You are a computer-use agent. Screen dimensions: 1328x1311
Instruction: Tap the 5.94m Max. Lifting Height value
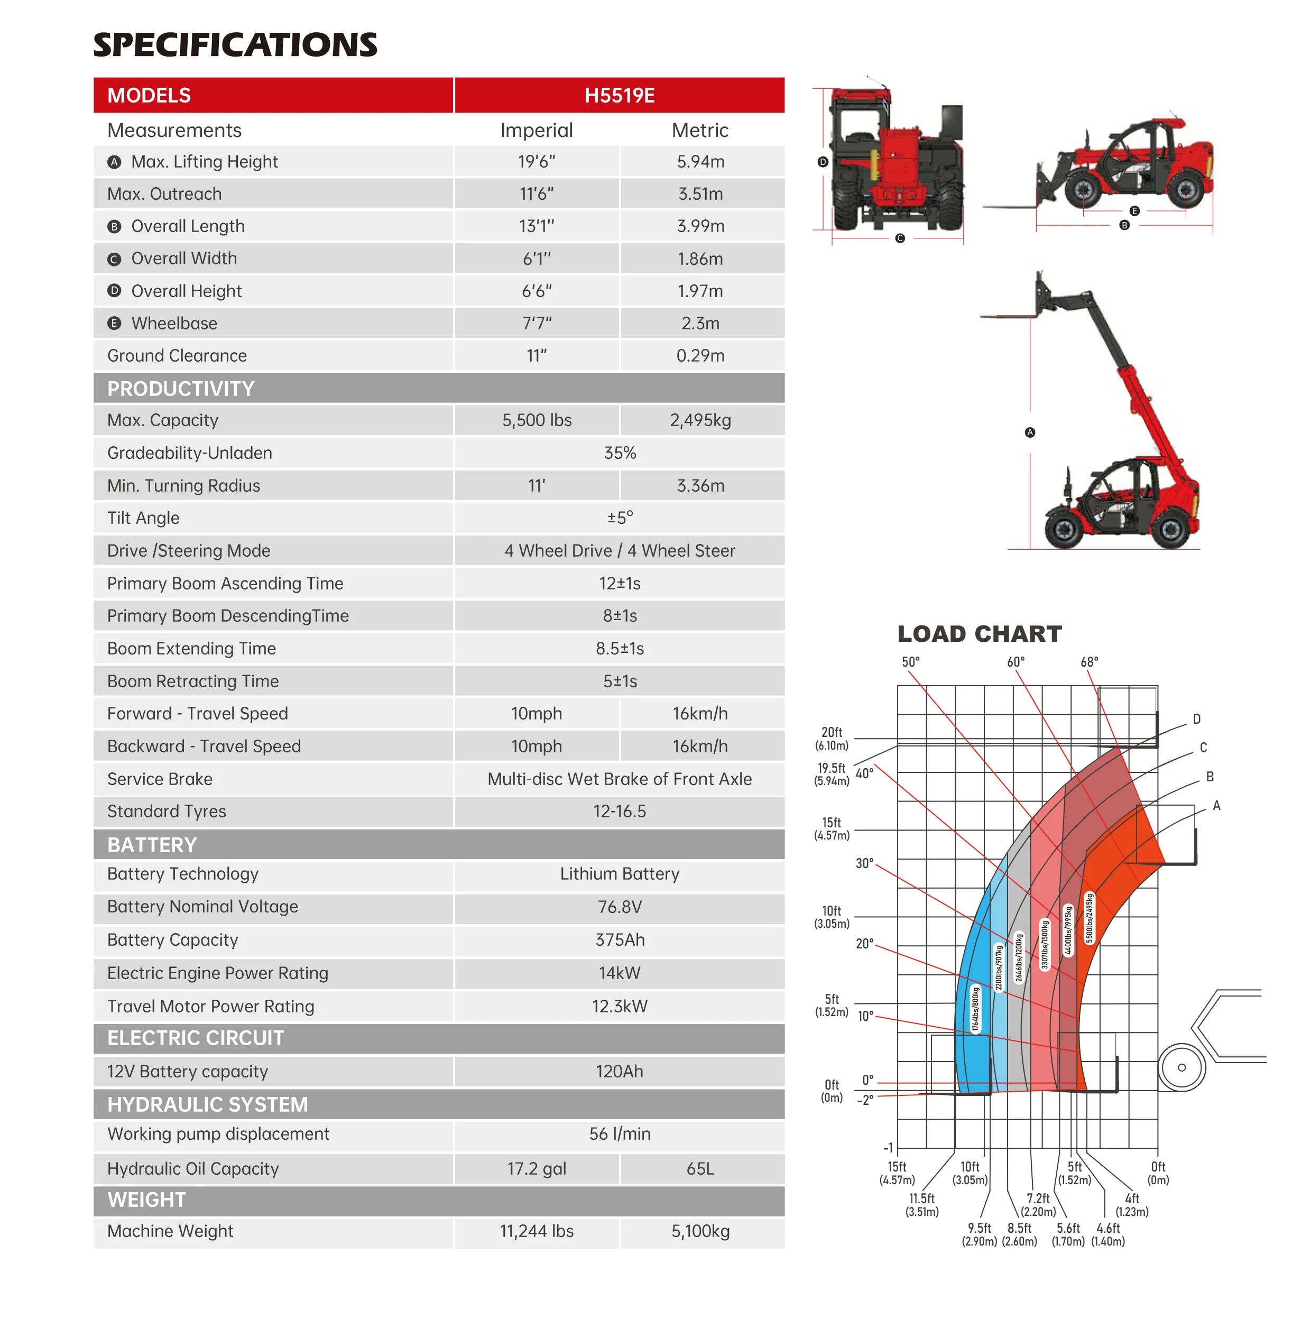point(700,162)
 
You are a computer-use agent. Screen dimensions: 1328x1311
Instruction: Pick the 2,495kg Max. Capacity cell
point(700,420)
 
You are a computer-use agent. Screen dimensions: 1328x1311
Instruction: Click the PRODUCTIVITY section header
point(180,389)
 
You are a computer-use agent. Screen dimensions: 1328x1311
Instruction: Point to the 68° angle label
point(1089,662)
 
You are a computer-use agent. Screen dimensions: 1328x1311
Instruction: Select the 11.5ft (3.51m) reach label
point(921,1205)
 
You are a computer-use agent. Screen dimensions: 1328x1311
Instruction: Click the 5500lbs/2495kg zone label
point(1089,918)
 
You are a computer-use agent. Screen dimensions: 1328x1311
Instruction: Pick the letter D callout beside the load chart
point(1196,719)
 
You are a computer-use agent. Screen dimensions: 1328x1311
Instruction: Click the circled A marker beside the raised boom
point(1029,432)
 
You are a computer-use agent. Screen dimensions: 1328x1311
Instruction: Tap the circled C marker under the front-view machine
point(899,238)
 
